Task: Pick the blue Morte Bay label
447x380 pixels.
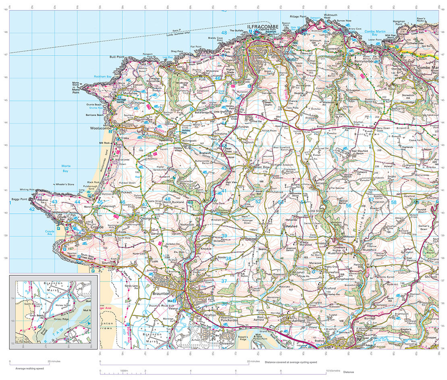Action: point(66,168)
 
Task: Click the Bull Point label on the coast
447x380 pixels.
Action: point(118,57)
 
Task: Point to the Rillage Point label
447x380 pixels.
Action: point(298,17)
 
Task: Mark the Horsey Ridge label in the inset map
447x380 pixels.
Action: point(61,319)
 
